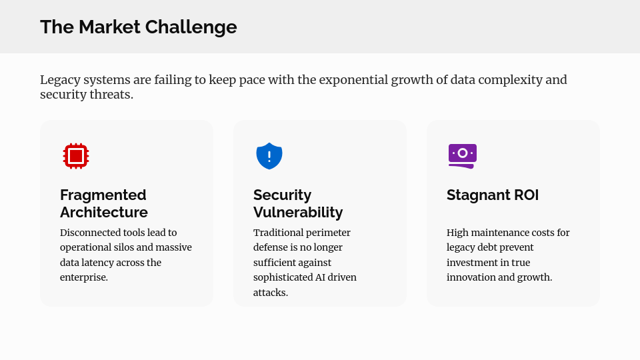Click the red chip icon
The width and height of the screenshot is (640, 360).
pyautogui.click(x=76, y=156)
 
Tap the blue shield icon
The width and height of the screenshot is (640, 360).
pyautogui.click(x=269, y=156)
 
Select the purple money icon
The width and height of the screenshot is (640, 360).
pyautogui.click(x=463, y=156)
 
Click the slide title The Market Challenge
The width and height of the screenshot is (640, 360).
pyautogui.click(x=139, y=27)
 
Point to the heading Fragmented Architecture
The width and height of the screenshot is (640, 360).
pyautogui.click(x=104, y=203)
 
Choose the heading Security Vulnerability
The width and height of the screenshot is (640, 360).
pyautogui.click(x=298, y=203)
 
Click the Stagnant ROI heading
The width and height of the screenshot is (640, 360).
pyautogui.click(x=493, y=195)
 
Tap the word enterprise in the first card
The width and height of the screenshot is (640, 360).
pyautogui.click(x=84, y=277)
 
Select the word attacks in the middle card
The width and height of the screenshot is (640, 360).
pyautogui.click(x=271, y=293)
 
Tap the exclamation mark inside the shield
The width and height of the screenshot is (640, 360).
pyautogui.click(x=269, y=157)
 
